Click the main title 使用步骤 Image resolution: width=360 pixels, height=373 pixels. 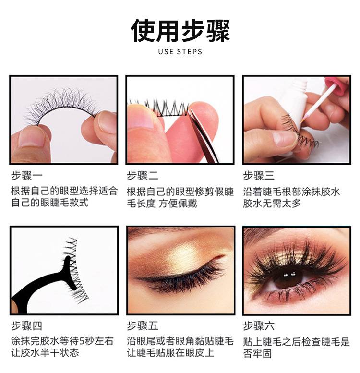tap(180, 30)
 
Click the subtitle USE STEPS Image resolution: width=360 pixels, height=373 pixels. tap(180, 52)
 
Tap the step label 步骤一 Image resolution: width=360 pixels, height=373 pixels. tap(26, 176)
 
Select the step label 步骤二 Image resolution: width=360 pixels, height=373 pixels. tap(143, 176)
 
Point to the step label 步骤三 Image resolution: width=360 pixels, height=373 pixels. tap(259, 176)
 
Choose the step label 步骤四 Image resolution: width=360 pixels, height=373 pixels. tap(26, 326)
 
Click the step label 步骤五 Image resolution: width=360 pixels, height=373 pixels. tap(143, 326)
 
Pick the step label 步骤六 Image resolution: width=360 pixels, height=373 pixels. tap(259, 326)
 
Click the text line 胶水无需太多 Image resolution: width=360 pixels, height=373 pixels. tap(272, 203)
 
